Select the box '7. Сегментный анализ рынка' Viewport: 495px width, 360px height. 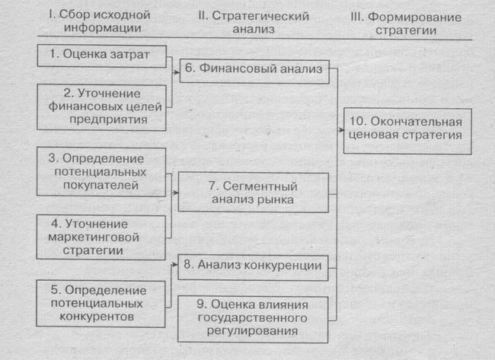pos(254,193)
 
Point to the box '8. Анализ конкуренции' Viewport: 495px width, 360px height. pos(254,266)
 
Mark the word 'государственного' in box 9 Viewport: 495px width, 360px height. pos(254,318)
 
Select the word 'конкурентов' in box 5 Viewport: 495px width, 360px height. pos(104,315)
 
